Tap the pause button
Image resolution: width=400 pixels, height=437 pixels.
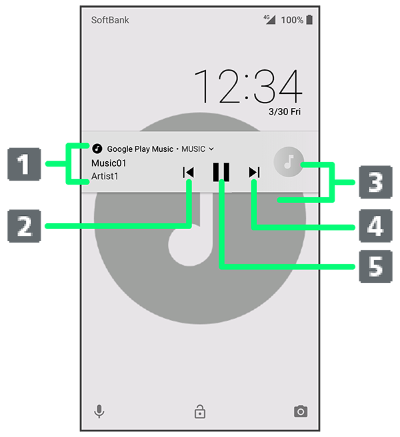221,172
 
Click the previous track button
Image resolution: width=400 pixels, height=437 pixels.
188,173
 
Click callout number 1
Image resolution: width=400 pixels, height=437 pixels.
24,164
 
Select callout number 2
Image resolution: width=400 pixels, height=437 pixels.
24,226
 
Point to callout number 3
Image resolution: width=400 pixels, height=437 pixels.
375,183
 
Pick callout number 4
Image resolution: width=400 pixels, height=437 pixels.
375,226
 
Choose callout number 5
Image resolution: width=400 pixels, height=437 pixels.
375,266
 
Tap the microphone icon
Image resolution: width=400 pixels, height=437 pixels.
99,411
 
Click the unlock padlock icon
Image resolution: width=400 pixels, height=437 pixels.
200,412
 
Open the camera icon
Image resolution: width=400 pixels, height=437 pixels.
301,412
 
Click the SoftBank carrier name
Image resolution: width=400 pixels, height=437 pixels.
110,20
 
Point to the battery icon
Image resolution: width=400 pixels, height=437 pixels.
309,20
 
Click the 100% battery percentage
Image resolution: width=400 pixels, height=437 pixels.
292,20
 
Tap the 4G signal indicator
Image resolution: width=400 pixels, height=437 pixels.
270,19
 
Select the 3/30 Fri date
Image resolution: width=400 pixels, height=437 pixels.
285,112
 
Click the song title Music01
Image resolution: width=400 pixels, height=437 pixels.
109,163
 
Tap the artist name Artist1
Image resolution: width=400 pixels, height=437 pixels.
105,176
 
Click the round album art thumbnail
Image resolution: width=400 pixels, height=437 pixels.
289,162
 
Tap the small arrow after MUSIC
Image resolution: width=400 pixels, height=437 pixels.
211,149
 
